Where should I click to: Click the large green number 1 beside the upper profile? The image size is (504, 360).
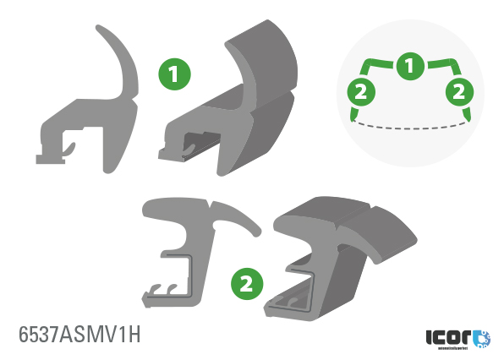[175, 75]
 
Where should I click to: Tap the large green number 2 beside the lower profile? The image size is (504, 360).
[244, 281]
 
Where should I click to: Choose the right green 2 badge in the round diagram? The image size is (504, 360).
[457, 91]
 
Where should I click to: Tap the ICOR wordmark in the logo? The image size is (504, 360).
[447, 336]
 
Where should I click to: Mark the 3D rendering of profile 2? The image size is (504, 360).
[338, 254]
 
